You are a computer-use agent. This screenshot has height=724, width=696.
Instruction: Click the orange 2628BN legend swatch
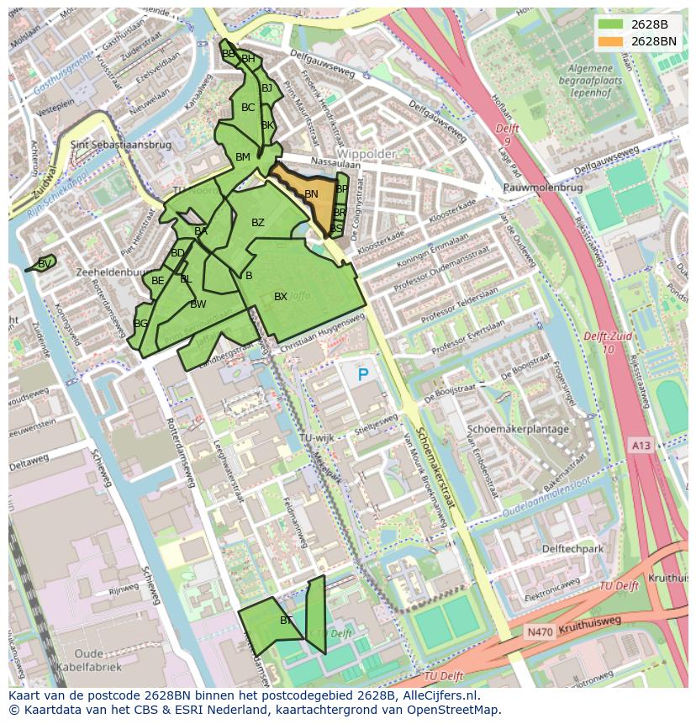tap(611, 41)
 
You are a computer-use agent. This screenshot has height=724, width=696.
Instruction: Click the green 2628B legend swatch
tap(611, 24)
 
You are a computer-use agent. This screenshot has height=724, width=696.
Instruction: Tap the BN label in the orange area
tap(311, 194)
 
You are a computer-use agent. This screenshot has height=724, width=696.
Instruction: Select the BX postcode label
tap(281, 297)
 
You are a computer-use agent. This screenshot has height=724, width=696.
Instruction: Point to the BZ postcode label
tap(258, 223)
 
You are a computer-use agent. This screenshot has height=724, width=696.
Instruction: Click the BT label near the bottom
tap(287, 621)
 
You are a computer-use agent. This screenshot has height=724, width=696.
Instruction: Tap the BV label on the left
tap(45, 263)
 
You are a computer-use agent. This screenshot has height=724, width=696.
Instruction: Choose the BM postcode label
tap(243, 157)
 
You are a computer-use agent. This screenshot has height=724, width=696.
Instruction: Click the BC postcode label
tap(248, 108)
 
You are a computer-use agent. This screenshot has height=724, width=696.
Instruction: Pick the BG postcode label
tap(140, 324)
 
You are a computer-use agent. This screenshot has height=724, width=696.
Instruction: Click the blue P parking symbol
tap(363, 375)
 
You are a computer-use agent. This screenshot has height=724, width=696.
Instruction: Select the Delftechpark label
tap(573, 548)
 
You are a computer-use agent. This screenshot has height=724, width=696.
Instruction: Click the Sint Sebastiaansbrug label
tap(122, 145)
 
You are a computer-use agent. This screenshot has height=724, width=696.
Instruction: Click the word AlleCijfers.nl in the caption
tap(438, 695)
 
